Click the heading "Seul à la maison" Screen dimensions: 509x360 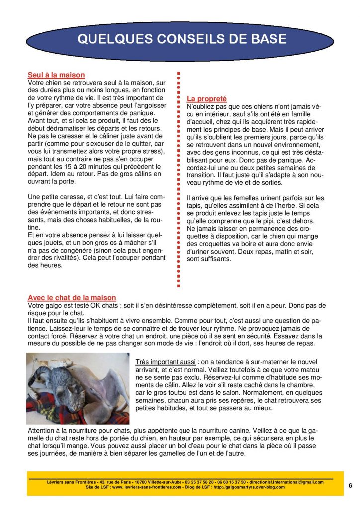coord(56,75)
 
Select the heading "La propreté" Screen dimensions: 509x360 coord(206,99)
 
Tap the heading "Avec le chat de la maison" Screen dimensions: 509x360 coord(72,298)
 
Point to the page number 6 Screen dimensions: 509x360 coord(350,486)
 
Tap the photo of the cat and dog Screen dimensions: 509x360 coord(78,388)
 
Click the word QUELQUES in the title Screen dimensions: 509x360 coord(102,39)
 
